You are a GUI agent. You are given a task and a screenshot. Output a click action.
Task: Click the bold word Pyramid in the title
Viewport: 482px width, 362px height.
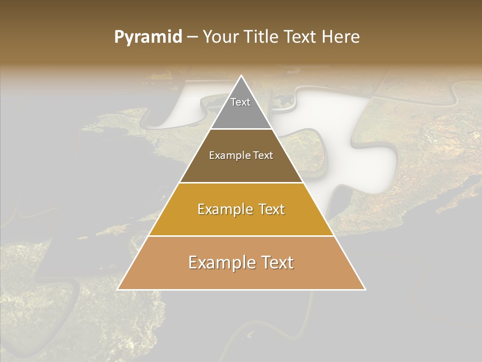(x=148, y=37)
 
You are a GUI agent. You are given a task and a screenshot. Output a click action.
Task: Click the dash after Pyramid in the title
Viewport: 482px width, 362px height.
(x=192, y=37)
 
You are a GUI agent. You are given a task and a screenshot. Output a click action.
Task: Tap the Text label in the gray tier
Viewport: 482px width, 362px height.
(x=240, y=102)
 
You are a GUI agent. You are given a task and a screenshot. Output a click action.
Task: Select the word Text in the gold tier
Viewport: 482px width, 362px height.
(x=268, y=209)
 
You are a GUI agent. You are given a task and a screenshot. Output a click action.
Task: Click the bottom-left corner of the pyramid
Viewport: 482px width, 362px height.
(x=118, y=289)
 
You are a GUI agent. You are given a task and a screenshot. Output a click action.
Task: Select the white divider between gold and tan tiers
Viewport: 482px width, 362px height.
(x=241, y=236)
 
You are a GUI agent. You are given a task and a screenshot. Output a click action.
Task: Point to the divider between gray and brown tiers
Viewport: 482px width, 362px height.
(x=241, y=129)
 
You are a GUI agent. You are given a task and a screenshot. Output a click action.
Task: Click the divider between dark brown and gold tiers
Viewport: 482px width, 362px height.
(x=241, y=183)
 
